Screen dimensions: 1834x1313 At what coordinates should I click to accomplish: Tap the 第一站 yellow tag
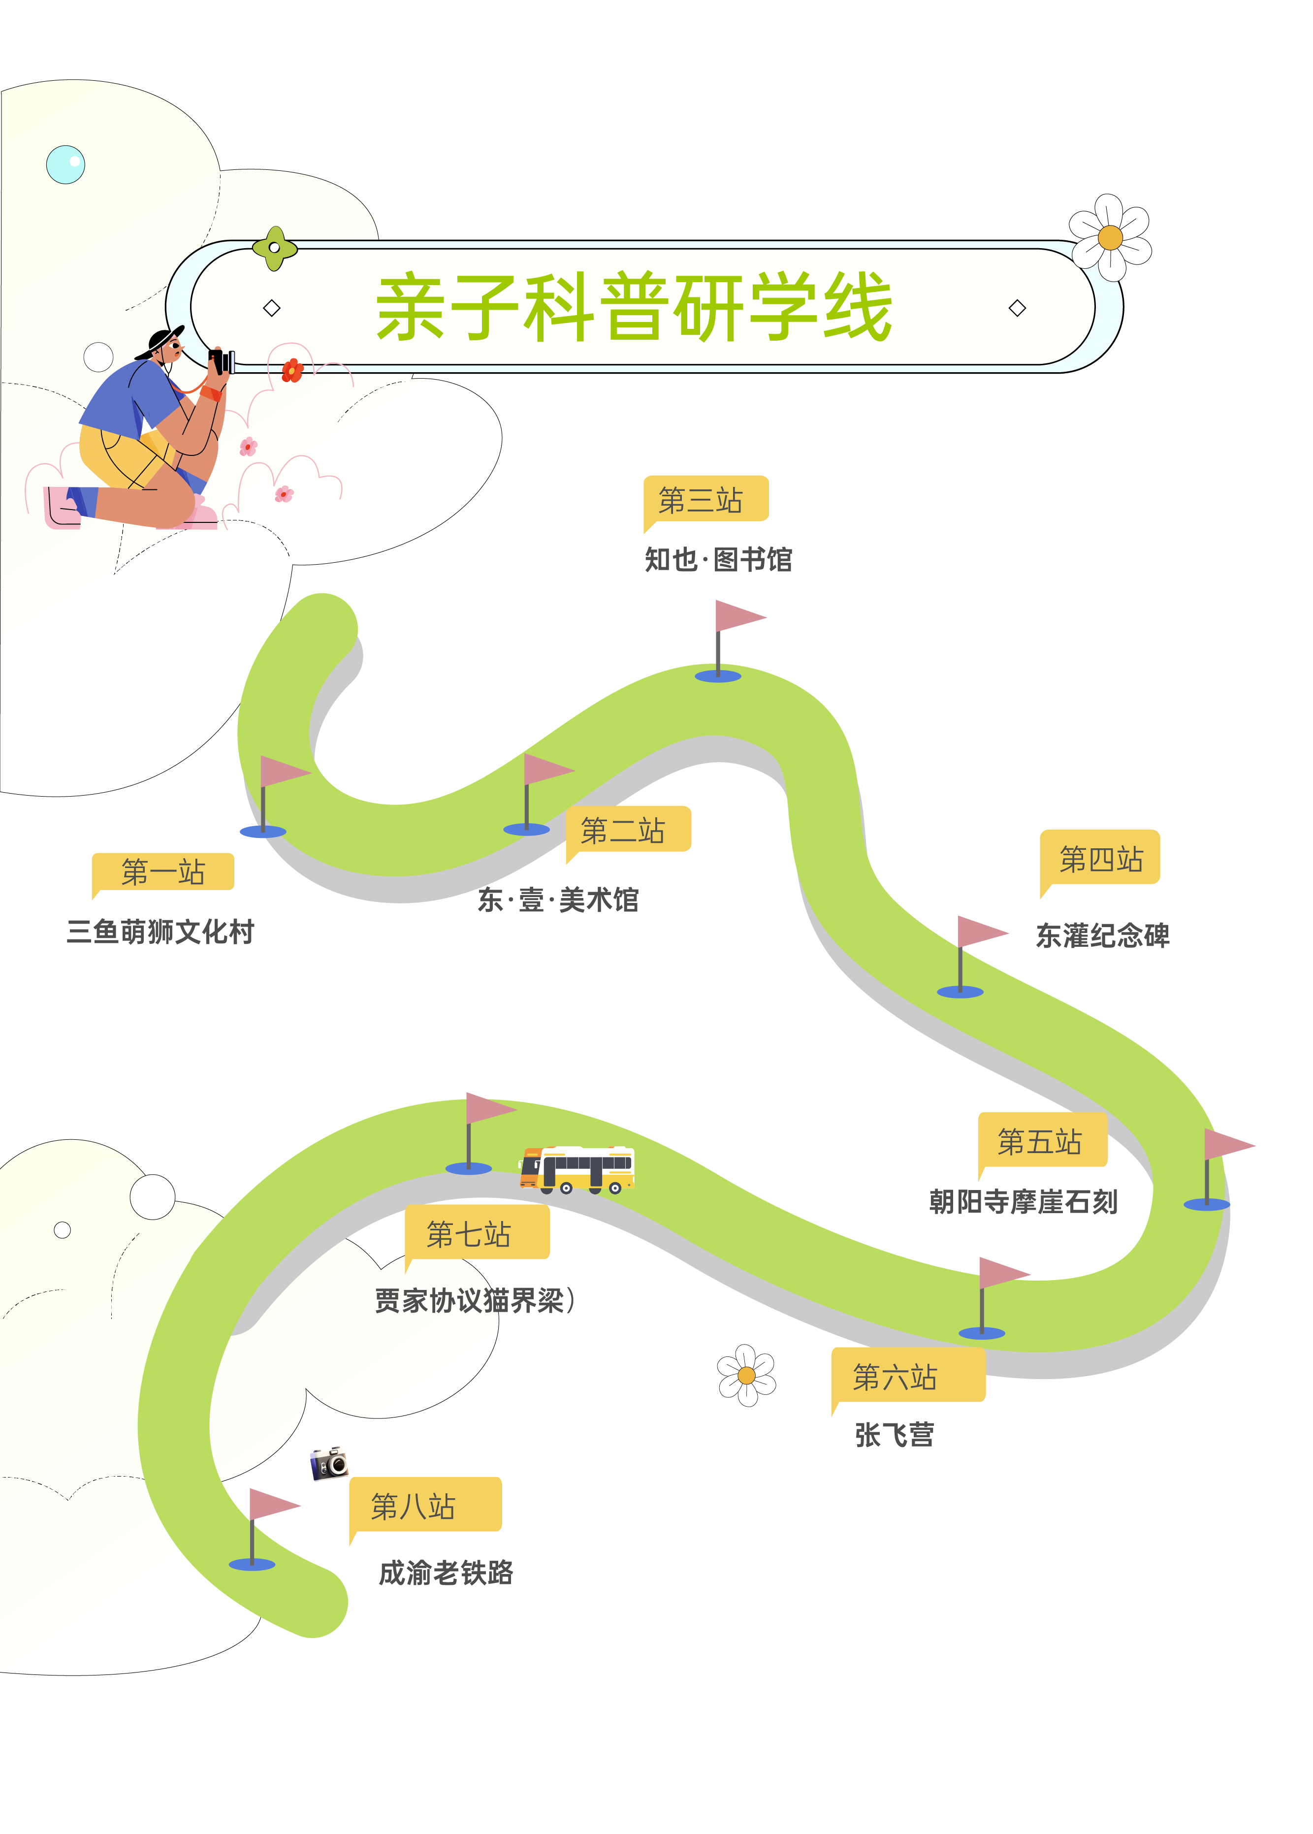163,872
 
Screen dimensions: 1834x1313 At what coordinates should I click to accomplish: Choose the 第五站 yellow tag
1041,1141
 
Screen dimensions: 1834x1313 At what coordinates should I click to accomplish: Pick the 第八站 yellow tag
424,1506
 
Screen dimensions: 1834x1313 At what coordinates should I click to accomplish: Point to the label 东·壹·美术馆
558,899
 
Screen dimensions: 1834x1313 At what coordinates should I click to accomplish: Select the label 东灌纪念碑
1102,935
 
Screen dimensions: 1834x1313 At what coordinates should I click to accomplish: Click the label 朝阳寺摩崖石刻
1023,1202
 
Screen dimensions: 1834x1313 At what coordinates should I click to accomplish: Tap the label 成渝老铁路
446,1573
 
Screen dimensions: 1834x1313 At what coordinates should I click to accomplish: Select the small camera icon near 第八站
329,1463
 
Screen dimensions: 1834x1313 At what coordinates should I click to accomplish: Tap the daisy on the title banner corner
1110,237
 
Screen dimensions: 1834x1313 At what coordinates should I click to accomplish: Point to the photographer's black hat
161,340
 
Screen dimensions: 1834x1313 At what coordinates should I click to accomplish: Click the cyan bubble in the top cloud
65,164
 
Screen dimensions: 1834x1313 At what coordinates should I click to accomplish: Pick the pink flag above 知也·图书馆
739,616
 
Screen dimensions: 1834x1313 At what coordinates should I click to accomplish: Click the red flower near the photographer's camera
292,370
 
